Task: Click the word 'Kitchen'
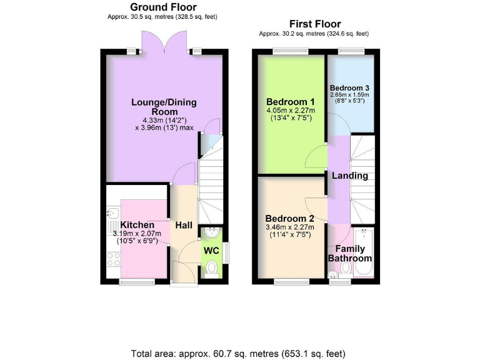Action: [x=137, y=225]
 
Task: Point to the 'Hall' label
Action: [x=184, y=225]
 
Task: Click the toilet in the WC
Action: [x=211, y=269]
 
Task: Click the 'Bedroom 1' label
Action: [x=290, y=102]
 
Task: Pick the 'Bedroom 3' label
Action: [x=350, y=87]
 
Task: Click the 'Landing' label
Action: [x=350, y=176]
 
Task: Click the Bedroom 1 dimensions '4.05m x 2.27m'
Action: [x=291, y=111]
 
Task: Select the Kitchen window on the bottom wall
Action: [x=137, y=282]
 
